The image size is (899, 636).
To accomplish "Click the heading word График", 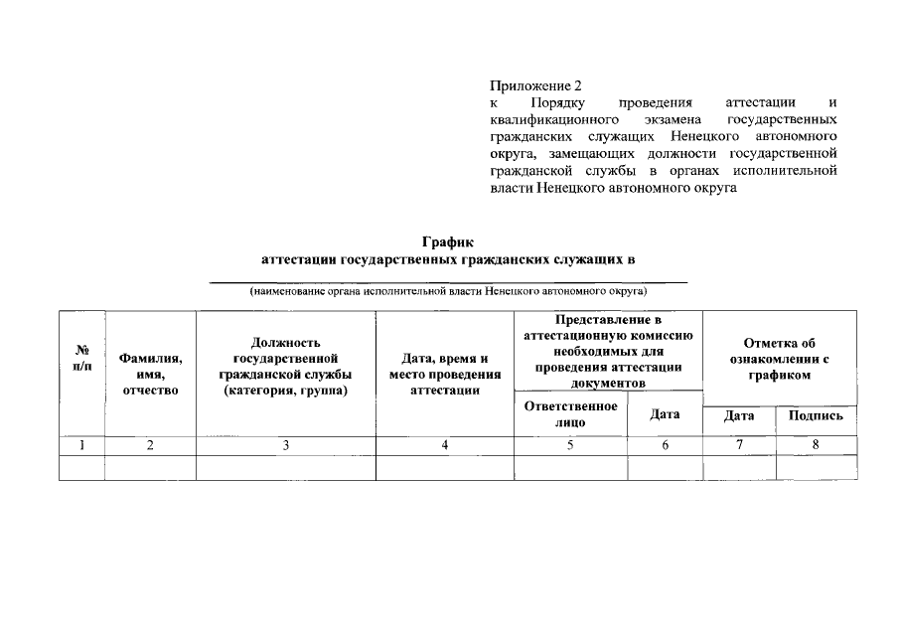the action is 448,241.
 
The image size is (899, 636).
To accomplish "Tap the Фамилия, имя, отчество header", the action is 150,374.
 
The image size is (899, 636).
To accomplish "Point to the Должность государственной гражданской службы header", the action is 285,366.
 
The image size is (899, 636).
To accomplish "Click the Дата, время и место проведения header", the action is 444,374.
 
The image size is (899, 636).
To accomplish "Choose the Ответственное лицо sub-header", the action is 570,414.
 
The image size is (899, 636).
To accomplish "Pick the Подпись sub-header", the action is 816,415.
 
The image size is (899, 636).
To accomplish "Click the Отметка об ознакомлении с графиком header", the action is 779,359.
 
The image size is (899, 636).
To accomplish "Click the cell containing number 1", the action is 82,446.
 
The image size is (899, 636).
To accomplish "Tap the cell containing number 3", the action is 285,446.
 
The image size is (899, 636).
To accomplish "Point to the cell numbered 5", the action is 570,446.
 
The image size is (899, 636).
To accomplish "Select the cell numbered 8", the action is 816,444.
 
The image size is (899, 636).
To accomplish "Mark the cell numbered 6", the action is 665,446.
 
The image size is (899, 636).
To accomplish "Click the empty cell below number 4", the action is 444,468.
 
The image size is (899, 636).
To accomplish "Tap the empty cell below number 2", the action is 150,468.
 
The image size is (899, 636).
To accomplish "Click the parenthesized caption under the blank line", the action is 448,292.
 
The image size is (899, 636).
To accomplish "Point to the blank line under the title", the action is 448,281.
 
